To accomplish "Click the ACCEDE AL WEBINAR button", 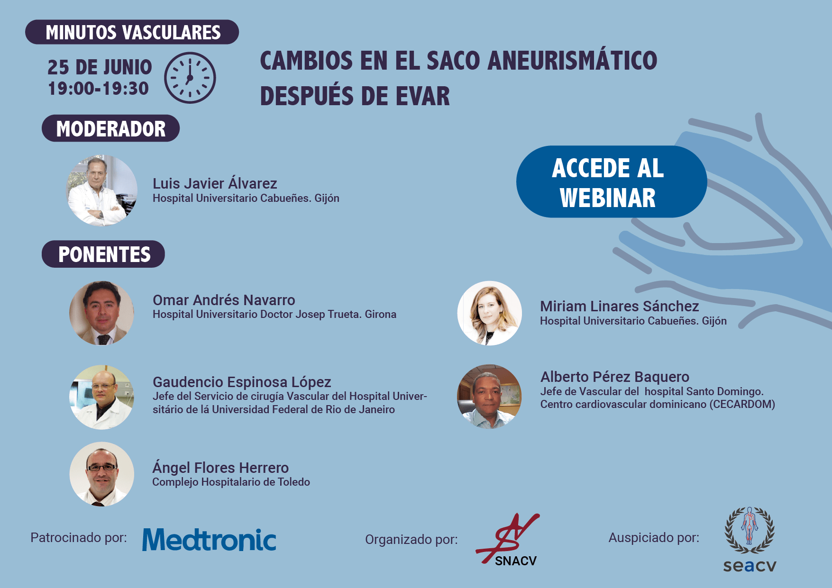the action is pos(612,181).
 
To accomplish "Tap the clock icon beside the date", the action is pos(190,78).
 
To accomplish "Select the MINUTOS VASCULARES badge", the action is pos(132,32).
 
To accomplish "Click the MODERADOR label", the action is pos(110,128).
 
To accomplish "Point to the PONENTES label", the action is pos(103,254).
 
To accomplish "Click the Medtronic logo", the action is pos(209,540).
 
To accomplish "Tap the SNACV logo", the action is pos(508,540).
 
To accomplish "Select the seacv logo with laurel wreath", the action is pos(750,540).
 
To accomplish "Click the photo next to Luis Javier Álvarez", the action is pos(102,190).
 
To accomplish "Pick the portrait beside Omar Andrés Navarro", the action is pos(101,313).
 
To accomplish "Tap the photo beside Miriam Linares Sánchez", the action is pos(489,313).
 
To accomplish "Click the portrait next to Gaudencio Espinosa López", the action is pos(101,397).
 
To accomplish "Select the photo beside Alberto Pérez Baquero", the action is pos(489,397).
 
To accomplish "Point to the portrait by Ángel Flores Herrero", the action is pos(101,474).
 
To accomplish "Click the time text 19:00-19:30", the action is pos(99,89).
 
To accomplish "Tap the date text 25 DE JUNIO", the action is pos(100,67).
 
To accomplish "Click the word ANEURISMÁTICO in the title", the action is pos(572,61).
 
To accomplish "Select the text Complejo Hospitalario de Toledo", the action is pos(231,482).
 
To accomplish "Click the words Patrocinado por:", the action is pos(79,538).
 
